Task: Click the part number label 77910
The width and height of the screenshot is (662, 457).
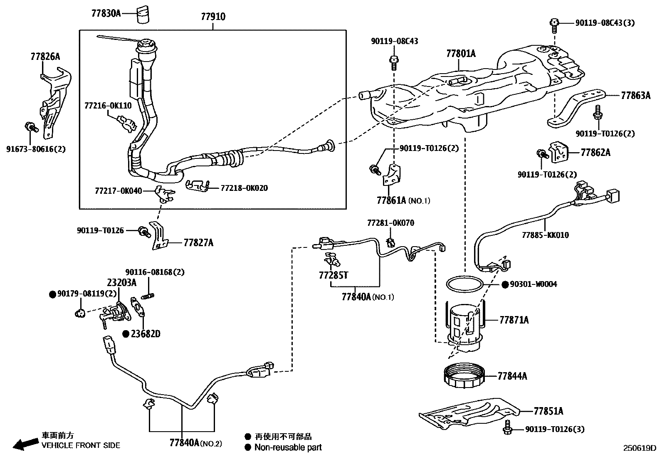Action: [213, 17]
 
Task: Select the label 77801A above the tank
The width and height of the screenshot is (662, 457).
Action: [461, 54]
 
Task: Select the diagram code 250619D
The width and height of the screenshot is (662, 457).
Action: [639, 448]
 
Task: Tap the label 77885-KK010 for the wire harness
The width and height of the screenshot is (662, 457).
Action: [545, 235]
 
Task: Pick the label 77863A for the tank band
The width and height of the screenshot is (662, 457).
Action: [635, 96]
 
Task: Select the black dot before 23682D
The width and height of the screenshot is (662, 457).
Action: [126, 333]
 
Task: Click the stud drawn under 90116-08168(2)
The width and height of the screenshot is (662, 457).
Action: [148, 296]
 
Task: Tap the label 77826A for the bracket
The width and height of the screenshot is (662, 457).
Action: [45, 57]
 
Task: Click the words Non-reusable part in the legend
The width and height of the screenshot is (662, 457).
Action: [288, 447]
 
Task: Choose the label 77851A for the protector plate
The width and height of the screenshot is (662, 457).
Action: [548, 411]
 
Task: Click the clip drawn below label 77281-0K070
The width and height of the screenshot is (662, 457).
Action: [390, 242]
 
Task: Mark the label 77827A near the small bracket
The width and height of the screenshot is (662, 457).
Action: [198, 242]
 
